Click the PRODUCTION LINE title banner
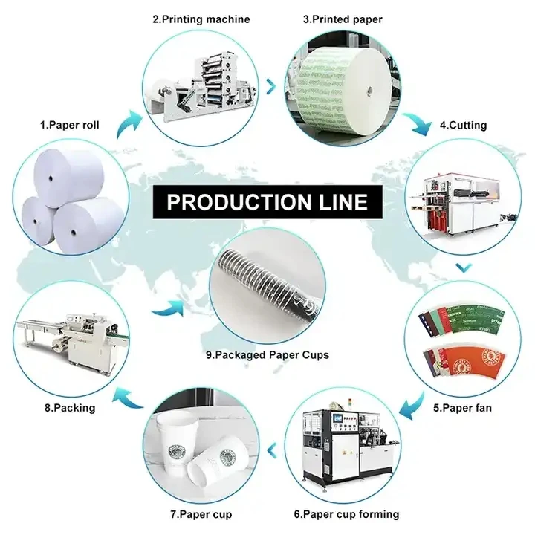click(267, 202)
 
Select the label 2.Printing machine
click(201, 19)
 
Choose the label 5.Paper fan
click(464, 406)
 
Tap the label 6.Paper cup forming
click(346, 513)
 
